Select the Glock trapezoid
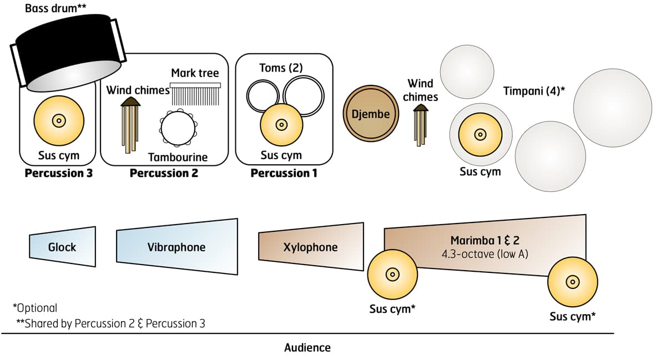point(62,246)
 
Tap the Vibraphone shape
point(176,247)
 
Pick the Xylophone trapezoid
point(310,247)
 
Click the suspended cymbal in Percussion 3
point(59,120)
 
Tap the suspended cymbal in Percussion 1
point(281,125)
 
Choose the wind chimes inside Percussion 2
point(131,125)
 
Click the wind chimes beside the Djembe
point(421,126)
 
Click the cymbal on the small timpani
point(480,135)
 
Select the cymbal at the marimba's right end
point(572,281)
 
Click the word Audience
point(307,348)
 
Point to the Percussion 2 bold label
point(164,173)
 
